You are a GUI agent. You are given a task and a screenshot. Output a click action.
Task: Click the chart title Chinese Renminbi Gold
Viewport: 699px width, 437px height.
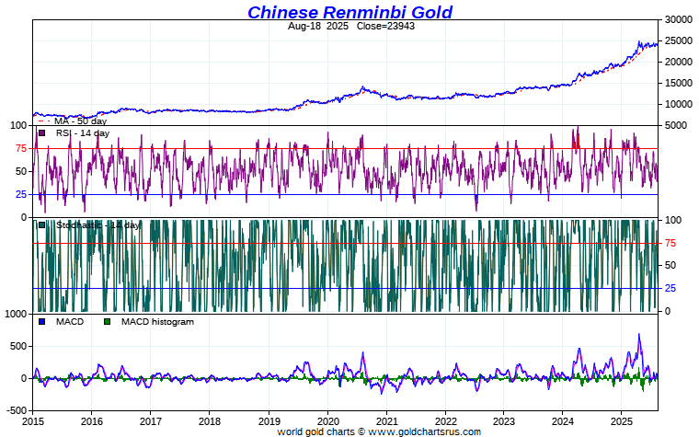pos(349,12)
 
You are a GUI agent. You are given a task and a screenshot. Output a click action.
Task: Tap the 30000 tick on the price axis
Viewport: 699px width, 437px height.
pos(679,19)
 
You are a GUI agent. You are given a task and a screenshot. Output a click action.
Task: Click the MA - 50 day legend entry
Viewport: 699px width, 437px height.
pos(81,121)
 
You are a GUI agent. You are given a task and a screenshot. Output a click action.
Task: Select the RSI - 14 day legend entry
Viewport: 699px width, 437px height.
pos(82,133)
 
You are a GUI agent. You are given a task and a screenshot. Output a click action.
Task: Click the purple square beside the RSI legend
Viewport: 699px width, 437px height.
pos(42,133)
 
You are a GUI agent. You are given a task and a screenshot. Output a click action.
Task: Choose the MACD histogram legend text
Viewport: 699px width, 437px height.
pos(157,322)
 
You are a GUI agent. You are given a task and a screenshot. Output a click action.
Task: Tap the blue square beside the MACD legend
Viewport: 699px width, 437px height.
pos(42,322)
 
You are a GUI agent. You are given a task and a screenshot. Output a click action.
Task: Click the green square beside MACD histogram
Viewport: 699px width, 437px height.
pos(109,322)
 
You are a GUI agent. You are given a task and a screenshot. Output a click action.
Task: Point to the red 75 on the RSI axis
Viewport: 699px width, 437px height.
pos(19,148)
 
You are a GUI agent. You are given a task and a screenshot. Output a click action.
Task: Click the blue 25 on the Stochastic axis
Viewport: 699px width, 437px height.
pos(671,289)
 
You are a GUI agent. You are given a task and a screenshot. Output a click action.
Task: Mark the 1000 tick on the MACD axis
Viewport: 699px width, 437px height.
pos(15,314)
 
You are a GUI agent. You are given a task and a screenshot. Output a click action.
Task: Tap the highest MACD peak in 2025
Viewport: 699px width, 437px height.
pos(638,335)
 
